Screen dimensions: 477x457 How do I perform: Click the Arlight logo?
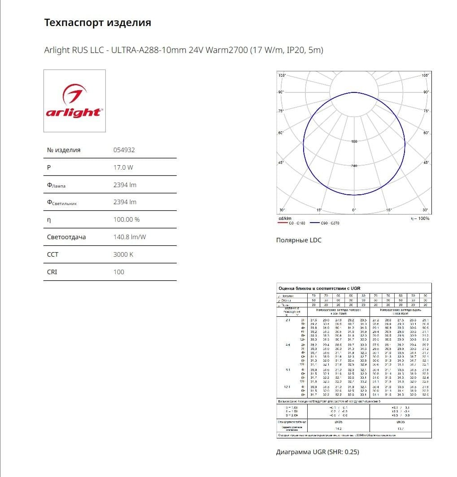74,101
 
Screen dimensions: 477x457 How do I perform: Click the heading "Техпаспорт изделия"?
97,22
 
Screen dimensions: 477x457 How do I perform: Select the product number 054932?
124,150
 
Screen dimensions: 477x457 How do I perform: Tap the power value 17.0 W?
123,167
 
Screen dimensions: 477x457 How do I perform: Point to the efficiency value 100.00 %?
126,219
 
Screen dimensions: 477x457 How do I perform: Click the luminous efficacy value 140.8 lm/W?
129,237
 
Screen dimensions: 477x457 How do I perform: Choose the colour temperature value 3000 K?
123,254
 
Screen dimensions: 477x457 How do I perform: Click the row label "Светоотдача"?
66,237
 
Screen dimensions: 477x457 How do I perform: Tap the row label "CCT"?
52,254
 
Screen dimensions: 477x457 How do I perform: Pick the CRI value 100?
118,272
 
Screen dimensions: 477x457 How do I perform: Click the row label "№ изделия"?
64,150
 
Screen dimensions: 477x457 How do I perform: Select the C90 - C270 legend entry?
330,223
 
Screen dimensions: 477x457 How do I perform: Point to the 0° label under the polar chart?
354,210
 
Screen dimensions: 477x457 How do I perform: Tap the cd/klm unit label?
285,219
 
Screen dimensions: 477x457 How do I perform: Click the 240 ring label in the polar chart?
354,166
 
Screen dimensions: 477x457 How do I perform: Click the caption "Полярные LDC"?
298,240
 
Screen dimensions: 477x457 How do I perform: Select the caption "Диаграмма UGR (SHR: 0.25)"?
317,452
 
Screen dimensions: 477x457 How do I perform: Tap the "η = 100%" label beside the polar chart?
420,219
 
